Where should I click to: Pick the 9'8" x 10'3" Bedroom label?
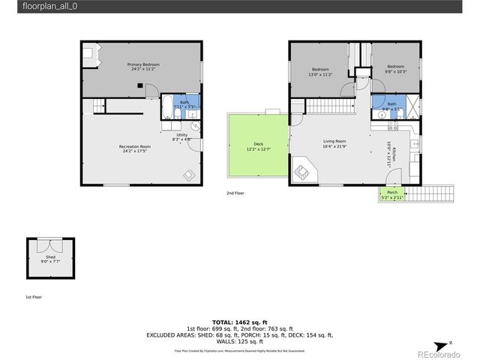click(396, 69)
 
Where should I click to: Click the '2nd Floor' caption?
click(235, 193)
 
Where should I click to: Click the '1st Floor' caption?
click(34, 298)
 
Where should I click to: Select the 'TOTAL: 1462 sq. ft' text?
click(240, 321)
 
